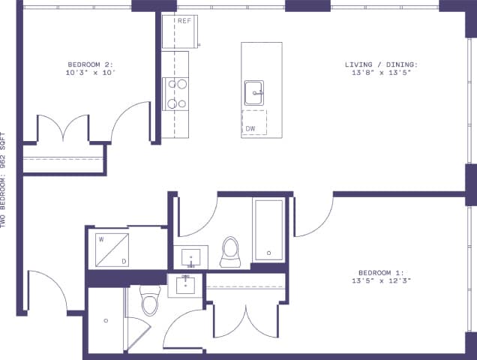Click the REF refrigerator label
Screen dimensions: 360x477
tap(184, 20)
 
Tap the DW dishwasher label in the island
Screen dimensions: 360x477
tap(250, 128)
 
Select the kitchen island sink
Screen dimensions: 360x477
tap(253, 93)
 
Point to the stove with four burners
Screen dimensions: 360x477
tap(176, 94)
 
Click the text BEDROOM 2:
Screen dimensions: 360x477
tap(90, 64)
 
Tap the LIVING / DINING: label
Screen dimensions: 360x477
tap(381, 64)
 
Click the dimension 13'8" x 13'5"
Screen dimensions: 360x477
tap(381, 73)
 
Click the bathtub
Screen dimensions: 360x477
tap(268, 229)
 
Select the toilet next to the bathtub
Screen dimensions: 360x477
tap(229, 252)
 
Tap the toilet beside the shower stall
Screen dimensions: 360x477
tap(150, 302)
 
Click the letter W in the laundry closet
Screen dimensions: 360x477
tap(101, 240)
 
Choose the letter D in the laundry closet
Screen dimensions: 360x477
tap(124, 260)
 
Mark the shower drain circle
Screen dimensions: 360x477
tap(106, 320)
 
